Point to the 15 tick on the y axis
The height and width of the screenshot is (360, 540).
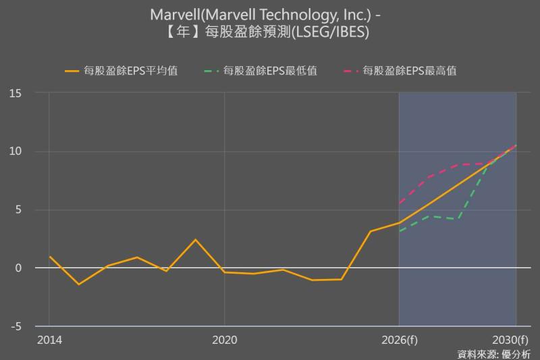click(16, 93)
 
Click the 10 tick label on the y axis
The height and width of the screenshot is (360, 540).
click(16, 151)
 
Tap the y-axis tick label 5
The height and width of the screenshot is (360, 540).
click(18, 209)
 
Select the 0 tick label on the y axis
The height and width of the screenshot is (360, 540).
click(18, 268)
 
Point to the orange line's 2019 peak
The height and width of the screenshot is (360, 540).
click(195, 240)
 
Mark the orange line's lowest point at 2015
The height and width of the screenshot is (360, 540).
click(78, 284)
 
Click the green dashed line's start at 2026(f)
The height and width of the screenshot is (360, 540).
click(399, 232)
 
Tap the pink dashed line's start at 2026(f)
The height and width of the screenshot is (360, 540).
click(399, 203)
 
